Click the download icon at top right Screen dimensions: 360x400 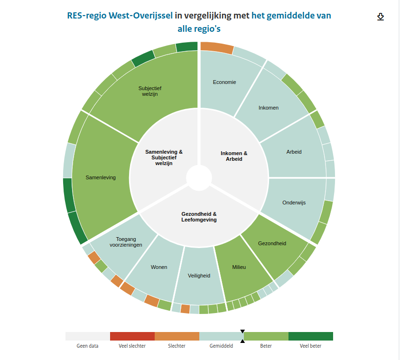380,17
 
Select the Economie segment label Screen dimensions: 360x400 224,82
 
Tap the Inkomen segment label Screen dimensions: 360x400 269,108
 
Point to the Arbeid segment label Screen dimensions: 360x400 294,152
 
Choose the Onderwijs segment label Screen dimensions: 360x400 294,203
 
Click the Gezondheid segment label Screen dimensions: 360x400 272,243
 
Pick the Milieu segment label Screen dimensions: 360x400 239,267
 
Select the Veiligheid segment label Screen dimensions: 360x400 199,275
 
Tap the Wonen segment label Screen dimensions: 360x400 159,267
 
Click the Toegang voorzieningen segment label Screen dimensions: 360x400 126,242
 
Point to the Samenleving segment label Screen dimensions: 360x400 101,177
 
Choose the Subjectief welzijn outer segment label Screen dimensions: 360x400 149,91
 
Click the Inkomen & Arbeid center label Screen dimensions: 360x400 234,156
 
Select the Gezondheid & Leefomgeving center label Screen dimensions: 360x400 199,217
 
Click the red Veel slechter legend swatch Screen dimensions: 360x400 132,336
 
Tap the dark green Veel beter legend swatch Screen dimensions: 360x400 311,336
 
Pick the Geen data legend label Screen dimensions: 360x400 88,346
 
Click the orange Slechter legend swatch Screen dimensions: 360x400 177,336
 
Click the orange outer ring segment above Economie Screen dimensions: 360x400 217,47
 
